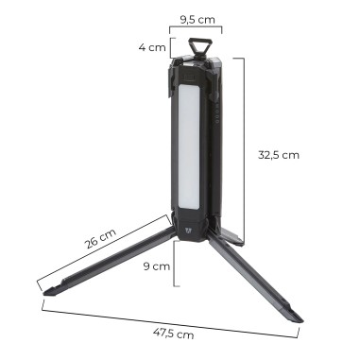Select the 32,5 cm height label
pos(278,154)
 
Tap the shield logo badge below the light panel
pos(196,228)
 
